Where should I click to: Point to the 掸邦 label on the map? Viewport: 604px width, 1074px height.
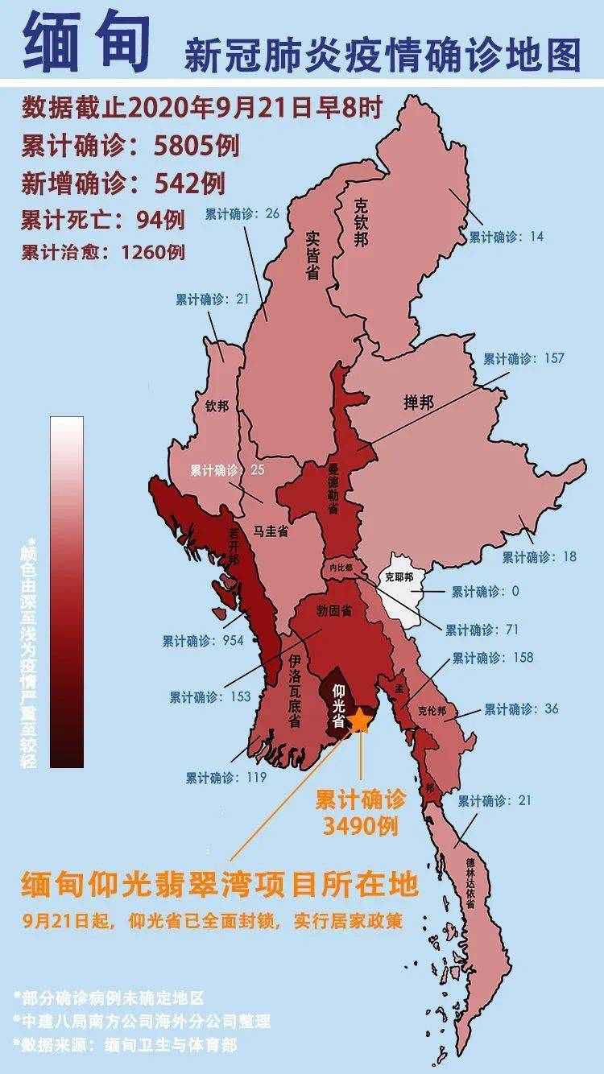pos(419,403)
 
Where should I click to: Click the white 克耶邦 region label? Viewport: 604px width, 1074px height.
pos(398,577)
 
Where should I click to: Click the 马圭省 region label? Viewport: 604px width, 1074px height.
pos(271,531)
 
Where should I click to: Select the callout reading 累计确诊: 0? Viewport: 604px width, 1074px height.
pos(485,592)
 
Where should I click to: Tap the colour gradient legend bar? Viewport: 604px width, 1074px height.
pos(66,592)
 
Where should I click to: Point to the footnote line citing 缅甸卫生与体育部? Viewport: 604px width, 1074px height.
pos(126,1043)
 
